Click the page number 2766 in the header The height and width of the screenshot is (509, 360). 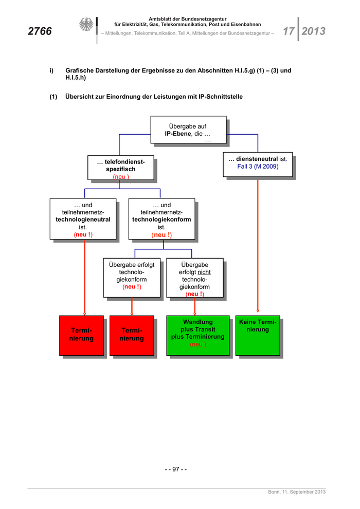pyautogui.click(x=40, y=31)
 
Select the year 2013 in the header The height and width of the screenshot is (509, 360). pyautogui.click(x=313, y=31)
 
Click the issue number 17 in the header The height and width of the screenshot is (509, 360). pyautogui.click(x=288, y=31)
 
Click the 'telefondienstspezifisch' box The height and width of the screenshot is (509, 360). pyautogui.click(x=121, y=169)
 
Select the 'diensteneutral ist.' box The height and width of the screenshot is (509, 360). pyautogui.click(x=258, y=163)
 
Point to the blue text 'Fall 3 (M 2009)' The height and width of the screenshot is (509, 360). pyautogui.click(x=258, y=167)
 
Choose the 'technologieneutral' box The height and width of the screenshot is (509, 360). pyautogui.click(x=83, y=220)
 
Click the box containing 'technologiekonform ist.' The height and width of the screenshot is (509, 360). pyautogui.click(x=161, y=220)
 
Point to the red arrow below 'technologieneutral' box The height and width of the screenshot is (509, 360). pyautogui.click(x=84, y=278)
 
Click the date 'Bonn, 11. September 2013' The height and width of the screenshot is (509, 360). pyautogui.click(x=297, y=493)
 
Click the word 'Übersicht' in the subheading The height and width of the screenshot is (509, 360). pyautogui.click(x=82, y=97)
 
